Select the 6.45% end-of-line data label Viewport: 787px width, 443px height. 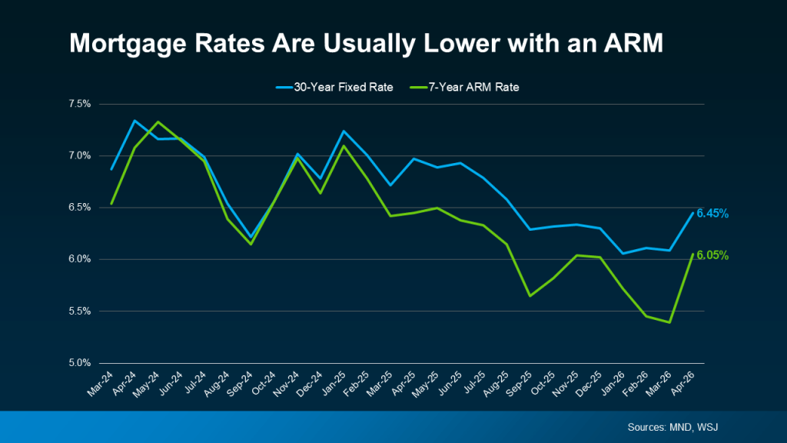click(712, 213)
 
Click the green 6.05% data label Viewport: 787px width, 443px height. click(712, 255)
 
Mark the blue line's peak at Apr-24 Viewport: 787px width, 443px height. click(134, 121)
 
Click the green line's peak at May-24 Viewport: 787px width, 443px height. click(157, 122)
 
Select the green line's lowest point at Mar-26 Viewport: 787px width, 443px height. click(670, 322)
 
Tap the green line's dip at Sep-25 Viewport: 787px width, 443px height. click(530, 295)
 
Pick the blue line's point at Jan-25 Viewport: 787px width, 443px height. click(343, 131)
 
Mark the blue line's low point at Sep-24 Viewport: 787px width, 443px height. click(250, 236)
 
